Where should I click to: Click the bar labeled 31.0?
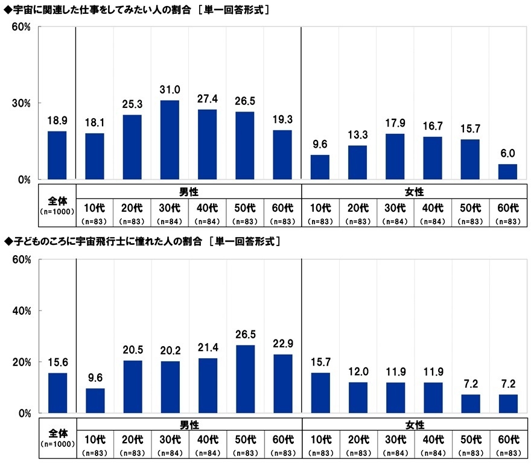[x=170, y=140]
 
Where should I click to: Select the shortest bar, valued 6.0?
[x=507, y=172]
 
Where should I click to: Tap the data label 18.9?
[x=57, y=121]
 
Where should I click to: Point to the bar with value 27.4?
[x=208, y=144]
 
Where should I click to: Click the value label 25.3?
[x=133, y=104]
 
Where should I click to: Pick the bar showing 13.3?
[x=358, y=162]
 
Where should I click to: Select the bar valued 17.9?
[x=395, y=156]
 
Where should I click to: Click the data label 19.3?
[x=282, y=120]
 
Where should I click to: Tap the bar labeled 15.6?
[x=57, y=393]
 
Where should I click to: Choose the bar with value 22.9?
[x=282, y=384]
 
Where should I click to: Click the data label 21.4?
[x=208, y=348]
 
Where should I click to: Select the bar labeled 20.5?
[x=133, y=387]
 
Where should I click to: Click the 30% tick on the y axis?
[x=22, y=103]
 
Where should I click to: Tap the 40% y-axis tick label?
[x=22, y=311]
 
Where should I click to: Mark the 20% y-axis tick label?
[x=22, y=362]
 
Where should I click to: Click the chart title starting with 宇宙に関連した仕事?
[x=136, y=10]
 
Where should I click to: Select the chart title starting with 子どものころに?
[x=142, y=241]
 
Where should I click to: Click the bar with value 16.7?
[x=433, y=158]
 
